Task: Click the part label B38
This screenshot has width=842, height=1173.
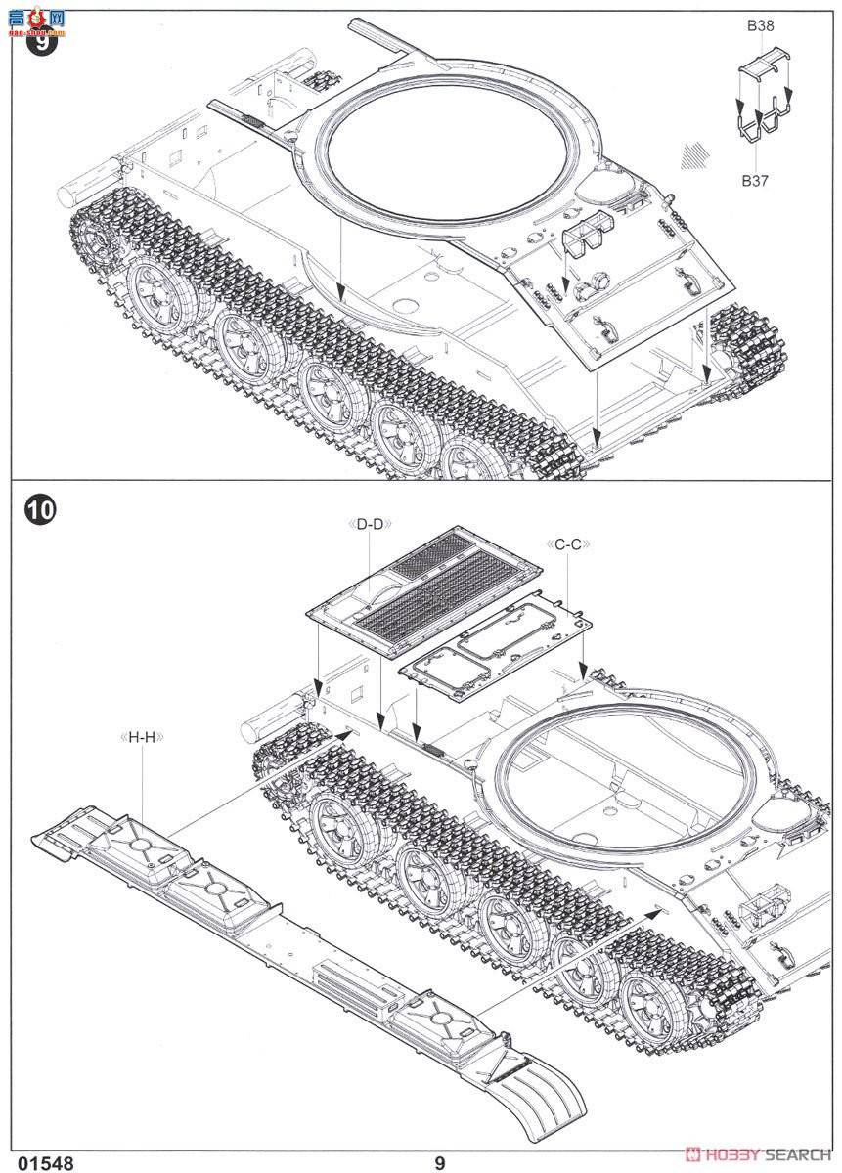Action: click(x=760, y=27)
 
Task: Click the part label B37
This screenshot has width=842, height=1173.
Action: click(x=755, y=180)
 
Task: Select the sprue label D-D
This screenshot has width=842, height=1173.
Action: click(x=370, y=524)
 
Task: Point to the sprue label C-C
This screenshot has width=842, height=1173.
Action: click(x=566, y=543)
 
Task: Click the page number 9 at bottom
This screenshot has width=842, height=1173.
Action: click(x=440, y=1162)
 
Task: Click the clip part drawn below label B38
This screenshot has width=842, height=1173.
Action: click(x=762, y=67)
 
